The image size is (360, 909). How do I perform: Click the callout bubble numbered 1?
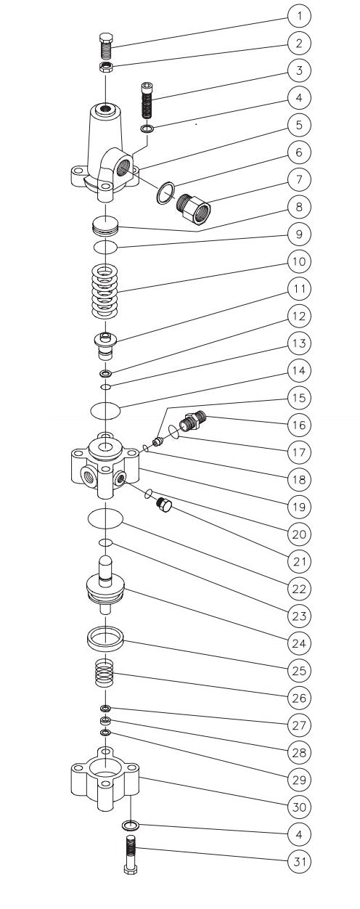click(x=298, y=15)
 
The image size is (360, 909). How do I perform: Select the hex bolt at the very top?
click(x=105, y=46)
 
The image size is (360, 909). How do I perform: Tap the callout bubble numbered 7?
click(x=298, y=179)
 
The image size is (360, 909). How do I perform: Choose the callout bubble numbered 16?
click(x=298, y=424)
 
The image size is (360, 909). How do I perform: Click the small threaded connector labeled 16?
click(x=192, y=421)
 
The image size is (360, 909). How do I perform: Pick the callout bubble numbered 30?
click(x=298, y=807)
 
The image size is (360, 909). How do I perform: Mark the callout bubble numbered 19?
click(x=298, y=506)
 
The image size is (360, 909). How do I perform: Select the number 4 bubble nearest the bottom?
click(x=298, y=834)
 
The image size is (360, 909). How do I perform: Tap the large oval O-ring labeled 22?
click(x=105, y=518)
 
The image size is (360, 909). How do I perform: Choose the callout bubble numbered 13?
click(x=298, y=343)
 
